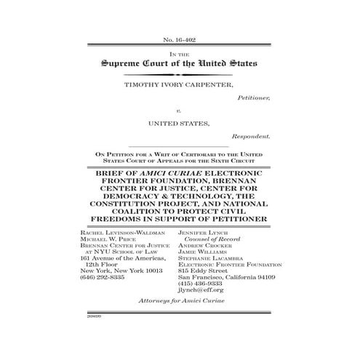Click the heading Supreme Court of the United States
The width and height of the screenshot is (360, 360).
point(180,64)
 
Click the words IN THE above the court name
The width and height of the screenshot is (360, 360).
point(180,54)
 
